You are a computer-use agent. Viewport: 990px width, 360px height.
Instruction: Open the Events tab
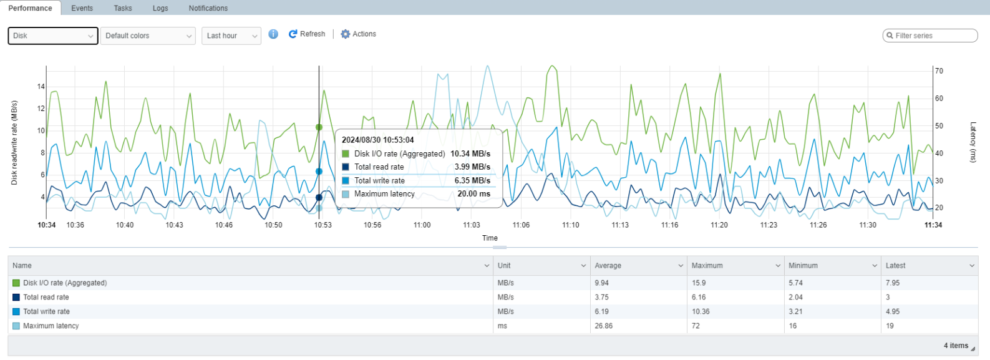82,8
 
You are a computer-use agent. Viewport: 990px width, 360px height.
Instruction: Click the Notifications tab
208,8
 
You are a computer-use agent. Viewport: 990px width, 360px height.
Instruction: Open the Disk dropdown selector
53,36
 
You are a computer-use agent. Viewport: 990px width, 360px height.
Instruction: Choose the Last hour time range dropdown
231,36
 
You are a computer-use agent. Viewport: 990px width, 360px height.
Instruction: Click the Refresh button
307,34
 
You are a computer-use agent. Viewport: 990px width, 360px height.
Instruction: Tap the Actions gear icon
345,34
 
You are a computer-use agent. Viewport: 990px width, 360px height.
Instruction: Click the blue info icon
273,34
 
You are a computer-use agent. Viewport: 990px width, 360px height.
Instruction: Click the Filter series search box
930,36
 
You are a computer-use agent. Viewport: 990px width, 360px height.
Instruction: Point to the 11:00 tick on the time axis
422,225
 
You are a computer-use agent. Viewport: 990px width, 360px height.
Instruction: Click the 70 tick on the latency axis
939,71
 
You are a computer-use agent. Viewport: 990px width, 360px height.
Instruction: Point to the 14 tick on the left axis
41,86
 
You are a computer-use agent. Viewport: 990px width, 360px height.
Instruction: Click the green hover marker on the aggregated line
319,127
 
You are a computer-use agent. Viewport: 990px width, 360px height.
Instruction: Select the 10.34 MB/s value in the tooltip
470,154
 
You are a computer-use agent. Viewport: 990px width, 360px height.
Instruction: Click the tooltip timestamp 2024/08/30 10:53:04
378,140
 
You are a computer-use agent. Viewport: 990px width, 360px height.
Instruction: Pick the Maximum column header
707,265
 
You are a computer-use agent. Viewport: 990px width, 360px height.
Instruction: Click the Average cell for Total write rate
601,311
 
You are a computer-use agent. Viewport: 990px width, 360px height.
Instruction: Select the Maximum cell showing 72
696,326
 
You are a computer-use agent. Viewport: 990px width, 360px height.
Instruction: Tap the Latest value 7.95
893,283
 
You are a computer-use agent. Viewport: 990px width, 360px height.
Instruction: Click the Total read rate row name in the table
46,297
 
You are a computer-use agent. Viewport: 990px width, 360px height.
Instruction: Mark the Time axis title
490,238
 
